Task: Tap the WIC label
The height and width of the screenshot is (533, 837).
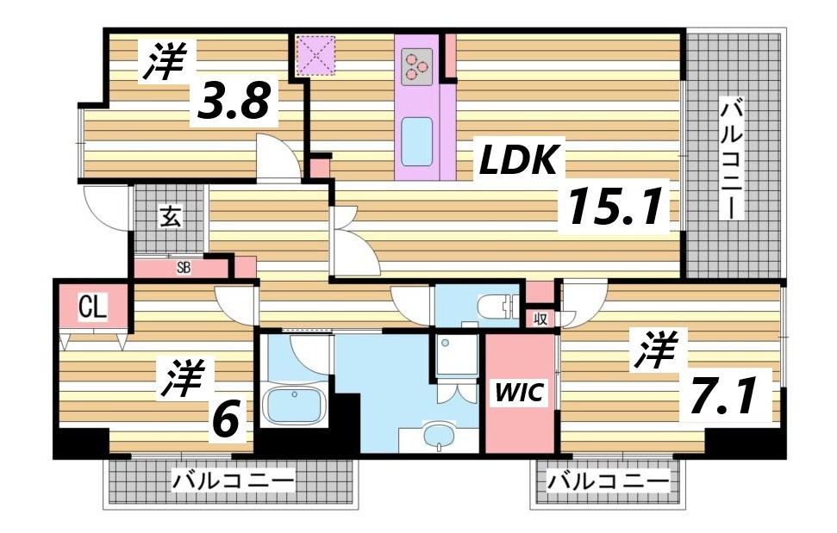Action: pyautogui.click(x=519, y=394)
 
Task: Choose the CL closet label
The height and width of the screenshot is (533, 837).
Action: pyautogui.click(x=92, y=307)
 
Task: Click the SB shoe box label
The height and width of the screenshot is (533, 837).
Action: pyautogui.click(x=183, y=267)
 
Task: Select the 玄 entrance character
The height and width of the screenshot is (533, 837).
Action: pyautogui.click(x=169, y=217)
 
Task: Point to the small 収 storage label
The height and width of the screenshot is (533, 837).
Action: pyautogui.click(x=540, y=319)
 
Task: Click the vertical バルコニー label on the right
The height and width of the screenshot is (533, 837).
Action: pyautogui.click(x=734, y=159)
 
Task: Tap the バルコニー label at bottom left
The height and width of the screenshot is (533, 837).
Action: pyautogui.click(x=233, y=480)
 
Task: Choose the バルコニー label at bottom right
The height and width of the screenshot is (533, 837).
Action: pyautogui.click(x=609, y=480)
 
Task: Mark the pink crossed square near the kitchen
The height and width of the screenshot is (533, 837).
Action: pyautogui.click(x=315, y=56)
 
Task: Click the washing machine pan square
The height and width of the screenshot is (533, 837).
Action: pyautogui.click(x=456, y=355)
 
